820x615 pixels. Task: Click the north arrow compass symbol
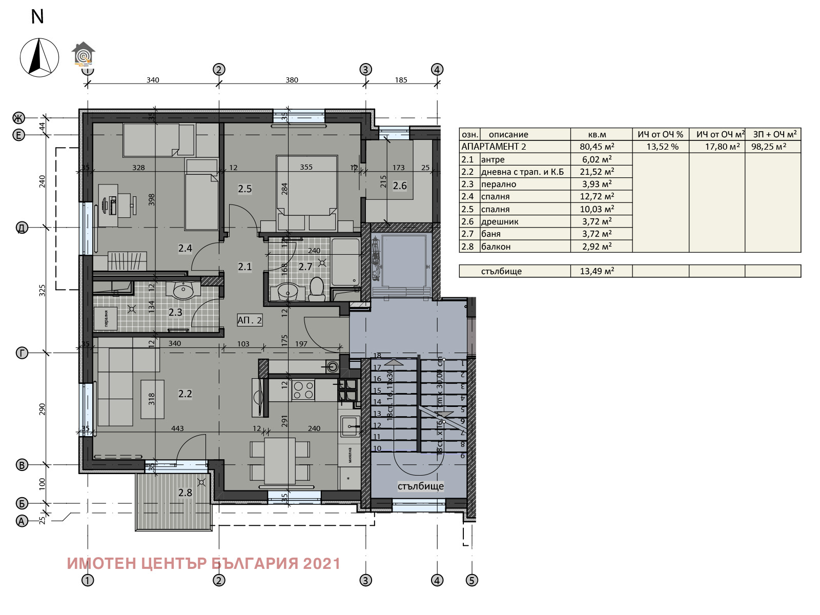tap(39, 57)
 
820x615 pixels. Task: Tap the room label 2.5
tap(245, 189)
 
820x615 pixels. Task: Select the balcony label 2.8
tap(185, 493)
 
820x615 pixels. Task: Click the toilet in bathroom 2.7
tap(317, 290)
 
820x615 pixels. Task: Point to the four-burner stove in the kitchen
tap(302, 389)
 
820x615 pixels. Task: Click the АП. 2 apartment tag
tap(250, 320)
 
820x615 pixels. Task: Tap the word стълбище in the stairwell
tap(420, 486)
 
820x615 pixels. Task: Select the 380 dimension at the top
tap(292, 80)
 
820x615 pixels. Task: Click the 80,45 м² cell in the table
tap(598, 147)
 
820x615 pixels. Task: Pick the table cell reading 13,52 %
tap(662, 147)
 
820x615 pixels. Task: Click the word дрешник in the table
tap(500, 221)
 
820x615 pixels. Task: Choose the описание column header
tap(508, 134)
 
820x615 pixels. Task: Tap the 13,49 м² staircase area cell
tap(597, 271)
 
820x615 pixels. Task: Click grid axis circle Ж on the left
tap(18, 118)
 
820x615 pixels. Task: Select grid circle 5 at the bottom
tap(471, 580)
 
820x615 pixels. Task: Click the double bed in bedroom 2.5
tap(306, 192)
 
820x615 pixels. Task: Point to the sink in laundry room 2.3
tap(183, 291)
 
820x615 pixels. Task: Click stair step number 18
tap(377, 355)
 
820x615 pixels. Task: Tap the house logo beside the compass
tap(84, 54)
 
